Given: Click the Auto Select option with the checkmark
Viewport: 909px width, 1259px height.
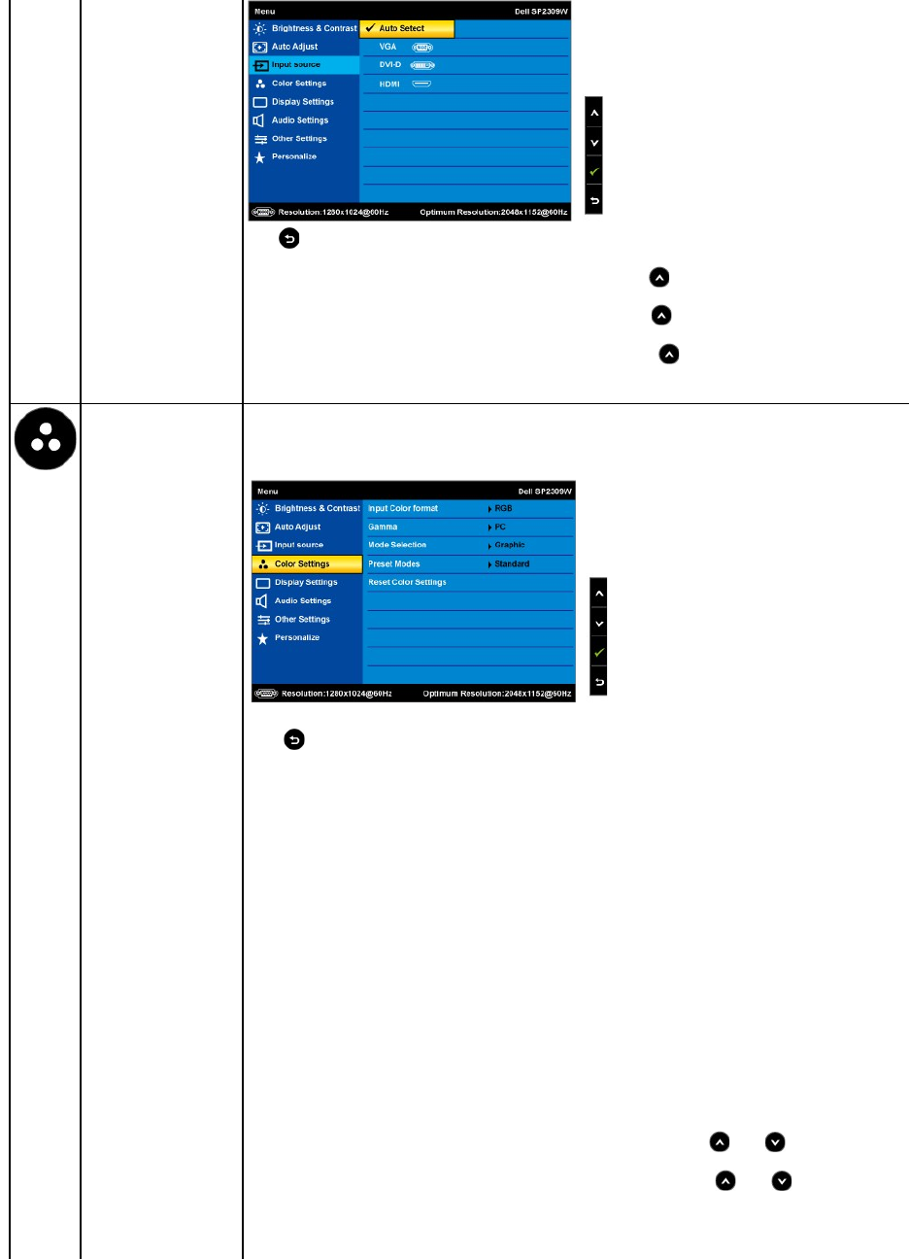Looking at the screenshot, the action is [x=407, y=29].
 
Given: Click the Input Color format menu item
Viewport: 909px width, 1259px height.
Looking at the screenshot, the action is [x=403, y=508].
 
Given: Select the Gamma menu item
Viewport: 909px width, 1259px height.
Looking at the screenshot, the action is [x=383, y=527].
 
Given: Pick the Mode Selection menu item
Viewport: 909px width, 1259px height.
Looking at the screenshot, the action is [x=397, y=545].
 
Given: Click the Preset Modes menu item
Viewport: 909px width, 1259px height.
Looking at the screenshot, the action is [x=394, y=563].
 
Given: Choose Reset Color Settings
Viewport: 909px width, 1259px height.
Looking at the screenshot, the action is [x=407, y=582].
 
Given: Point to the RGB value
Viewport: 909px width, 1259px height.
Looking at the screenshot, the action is [x=503, y=508].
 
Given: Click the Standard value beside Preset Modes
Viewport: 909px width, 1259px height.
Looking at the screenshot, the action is [x=512, y=563].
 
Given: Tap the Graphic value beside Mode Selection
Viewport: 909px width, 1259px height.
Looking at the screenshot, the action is [x=509, y=545].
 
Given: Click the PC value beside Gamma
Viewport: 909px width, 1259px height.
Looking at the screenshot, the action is [x=500, y=527].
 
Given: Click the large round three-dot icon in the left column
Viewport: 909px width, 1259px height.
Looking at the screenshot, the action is [x=46, y=439].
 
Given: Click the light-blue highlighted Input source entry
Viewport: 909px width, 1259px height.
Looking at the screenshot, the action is [x=295, y=65].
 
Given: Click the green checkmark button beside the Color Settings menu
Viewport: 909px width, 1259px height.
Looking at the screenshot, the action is [x=599, y=652].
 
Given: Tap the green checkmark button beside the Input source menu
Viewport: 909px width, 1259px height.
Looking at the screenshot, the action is [x=594, y=172].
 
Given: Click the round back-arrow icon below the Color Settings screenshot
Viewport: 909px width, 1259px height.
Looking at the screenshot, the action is [x=294, y=740].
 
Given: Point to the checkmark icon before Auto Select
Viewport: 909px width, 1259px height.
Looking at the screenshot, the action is [x=370, y=29].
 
